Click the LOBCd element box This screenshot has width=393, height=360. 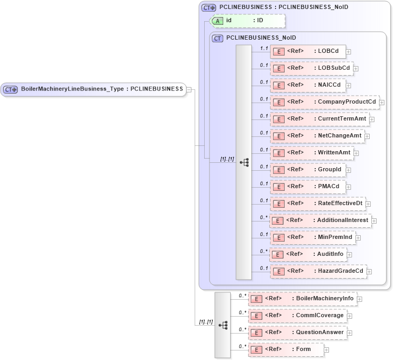pyautogui.click(x=308, y=51)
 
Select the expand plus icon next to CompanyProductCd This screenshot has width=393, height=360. pyautogui.click(x=382, y=103)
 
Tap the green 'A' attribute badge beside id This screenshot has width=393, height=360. pyautogui.click(x=217, y=21)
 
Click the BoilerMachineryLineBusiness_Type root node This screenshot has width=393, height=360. pyautogui.click(x=93, y=89)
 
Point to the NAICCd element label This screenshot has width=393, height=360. pyautogui.click(x=329, y=85)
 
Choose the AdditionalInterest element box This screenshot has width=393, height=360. pyautogui.click(x=320, y=220)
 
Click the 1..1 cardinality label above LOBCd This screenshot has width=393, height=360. pyautogui.click(x=263, y=48)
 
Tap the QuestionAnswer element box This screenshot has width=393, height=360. pyautogui.click(x=297, y=333)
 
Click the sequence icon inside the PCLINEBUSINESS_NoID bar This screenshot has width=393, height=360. pyautogui.click(x=244, y=162)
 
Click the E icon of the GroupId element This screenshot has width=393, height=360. pyautogui.click(x=278, y=170)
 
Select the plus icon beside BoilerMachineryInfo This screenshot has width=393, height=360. pyautogui.click(x=360, y=299)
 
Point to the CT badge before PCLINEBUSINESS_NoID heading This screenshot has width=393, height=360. pyautogui.click(x=217, y=38)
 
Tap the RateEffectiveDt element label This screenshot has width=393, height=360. pyautogui.click(x=340, y=204)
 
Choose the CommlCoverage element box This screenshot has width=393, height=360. pyautogui.click(x=297, y=316)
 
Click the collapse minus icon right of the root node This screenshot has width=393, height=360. pyautogui.click(x=189, y=90)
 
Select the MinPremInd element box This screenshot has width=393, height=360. pyautogui.click(x=312, y=237)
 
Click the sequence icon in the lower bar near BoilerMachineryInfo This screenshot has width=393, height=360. pyautogui.click(x=223, y=325)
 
